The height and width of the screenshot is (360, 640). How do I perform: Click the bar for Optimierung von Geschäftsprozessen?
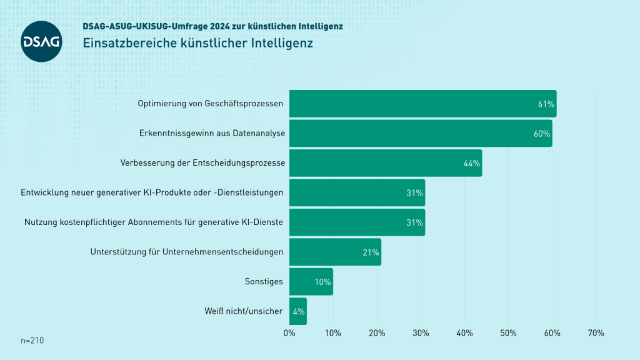pos(422,104)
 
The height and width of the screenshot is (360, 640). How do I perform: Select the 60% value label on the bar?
pos(541,134)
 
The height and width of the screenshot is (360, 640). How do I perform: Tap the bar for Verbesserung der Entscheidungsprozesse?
pos(385,163)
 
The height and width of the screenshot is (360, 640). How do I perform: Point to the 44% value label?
pos(471,163)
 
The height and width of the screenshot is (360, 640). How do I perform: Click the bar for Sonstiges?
pos(311,282)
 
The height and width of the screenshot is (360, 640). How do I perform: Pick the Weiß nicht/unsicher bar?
pos(298,311)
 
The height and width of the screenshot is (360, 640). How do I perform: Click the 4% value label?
pos(298,311)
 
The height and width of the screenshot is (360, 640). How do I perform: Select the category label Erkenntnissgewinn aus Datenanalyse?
pos(211,134)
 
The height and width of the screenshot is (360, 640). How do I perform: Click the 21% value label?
pos(371,252)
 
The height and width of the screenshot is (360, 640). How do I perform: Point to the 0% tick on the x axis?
pos(289,333)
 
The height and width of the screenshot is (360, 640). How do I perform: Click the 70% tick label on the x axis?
pos(596,333)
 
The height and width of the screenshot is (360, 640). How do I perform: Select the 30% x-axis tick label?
pos(421,333)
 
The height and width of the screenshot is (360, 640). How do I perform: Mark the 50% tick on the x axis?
pos(508,333)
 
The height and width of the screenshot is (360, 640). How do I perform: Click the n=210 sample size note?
pos(32,341)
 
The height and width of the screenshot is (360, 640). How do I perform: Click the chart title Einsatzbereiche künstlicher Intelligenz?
pos(197,44)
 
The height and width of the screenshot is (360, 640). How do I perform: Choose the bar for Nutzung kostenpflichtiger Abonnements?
pos(357,222)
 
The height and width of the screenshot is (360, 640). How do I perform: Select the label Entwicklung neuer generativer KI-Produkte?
pos(152,192)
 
